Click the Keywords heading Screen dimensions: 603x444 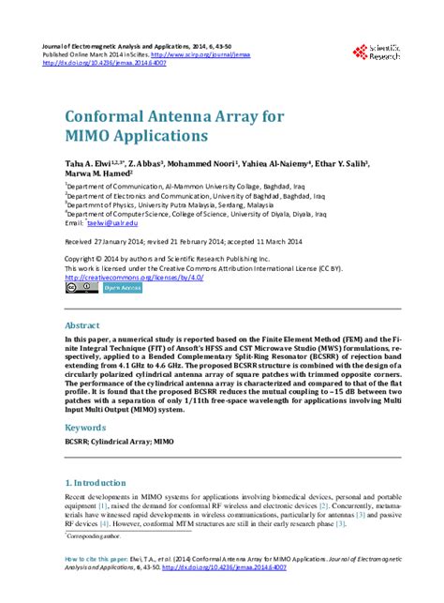click(x=85, y=426)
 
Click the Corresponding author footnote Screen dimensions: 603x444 click(x=95, y=536)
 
